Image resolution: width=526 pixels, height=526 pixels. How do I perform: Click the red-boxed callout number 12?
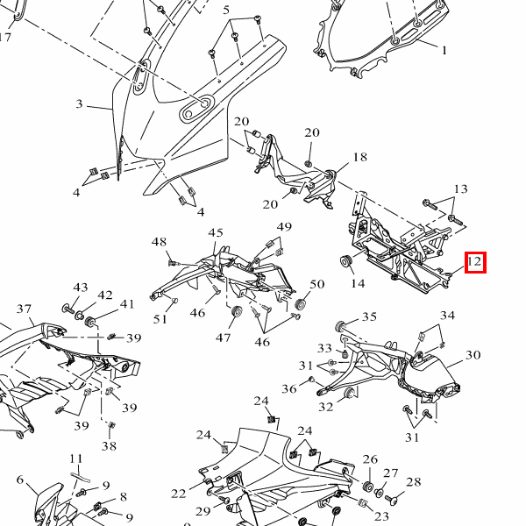(x=474, y=261)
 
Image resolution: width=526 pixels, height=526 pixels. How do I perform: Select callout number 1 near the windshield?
(x=444, y=51)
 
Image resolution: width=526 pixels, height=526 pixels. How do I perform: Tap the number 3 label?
(x=79, y=104)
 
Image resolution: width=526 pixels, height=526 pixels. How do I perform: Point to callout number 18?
(x=359, y=158)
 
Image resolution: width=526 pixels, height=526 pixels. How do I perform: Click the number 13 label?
(x=460, y=189)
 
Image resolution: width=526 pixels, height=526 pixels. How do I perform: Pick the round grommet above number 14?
(x=345, y=261)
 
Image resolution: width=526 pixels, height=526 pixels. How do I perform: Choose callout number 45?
(x=216, y=232)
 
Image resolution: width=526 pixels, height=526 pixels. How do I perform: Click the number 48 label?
(x=159, y=242)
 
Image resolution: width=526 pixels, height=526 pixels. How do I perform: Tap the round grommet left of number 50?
(x=301, y=303)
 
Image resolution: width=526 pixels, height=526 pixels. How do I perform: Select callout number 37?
(x=24, y=309)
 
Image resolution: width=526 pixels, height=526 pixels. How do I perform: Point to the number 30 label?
(x=473, y=355)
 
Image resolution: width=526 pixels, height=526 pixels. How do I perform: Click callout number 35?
(x=369, y=317)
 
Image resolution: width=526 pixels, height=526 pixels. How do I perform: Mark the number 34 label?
(x=447, y=316)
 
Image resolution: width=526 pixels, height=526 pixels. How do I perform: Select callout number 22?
(x=179, y=494)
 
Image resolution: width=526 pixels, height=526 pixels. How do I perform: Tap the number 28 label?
(x=413, y=482)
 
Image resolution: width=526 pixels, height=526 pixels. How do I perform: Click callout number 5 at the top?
(x=226, y=11)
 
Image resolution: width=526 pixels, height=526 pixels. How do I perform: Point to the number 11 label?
(x=76, y=458)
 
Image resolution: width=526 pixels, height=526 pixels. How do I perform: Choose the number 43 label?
(x=81, y=288)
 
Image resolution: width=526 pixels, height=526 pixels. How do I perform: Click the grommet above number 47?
(x=235, y=315)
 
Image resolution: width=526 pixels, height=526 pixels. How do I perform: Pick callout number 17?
(x=5, y=37)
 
